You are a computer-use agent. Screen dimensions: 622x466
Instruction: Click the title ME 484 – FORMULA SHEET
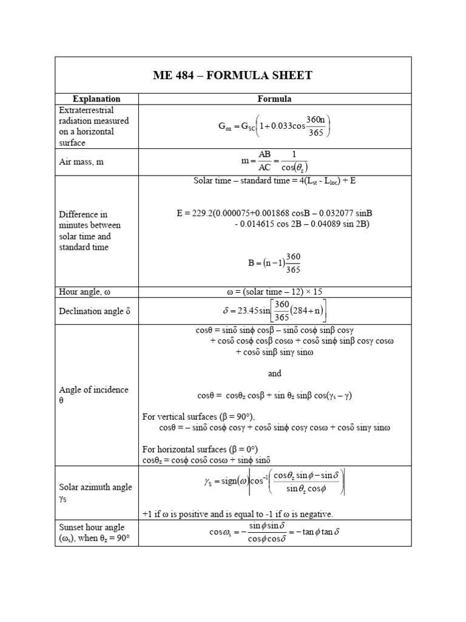point(233,76)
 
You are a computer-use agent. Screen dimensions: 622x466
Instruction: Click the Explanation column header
point(96,98)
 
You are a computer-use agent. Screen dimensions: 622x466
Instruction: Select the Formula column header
point(275,98)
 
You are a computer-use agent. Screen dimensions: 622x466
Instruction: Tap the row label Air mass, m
point(81,162)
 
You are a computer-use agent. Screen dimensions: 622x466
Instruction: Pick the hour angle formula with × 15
point(275,292)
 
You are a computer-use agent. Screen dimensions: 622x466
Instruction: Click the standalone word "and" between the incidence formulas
point(275,374)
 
